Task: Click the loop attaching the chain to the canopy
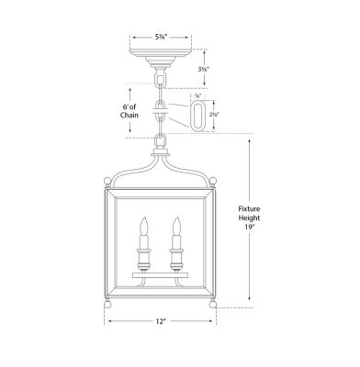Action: [x=162, y=81]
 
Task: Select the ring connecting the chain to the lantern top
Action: [x=162, y=142]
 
